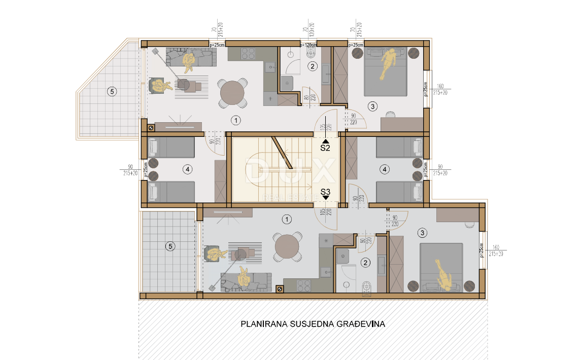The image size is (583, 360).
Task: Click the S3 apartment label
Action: click(x=325, y=192)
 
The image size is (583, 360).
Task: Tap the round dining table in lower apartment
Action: click(x=287, y=247)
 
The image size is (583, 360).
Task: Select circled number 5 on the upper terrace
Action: click(x=112, y=92)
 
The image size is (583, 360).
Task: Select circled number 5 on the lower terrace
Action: click(x=170, y=246)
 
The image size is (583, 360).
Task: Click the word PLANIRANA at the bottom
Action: click(x=263, y=323)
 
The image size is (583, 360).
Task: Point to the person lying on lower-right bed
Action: click(x=443, y=275)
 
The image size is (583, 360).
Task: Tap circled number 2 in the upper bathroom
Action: click(x=313, y=66)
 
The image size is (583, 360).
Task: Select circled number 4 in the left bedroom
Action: click(x=188, y=169)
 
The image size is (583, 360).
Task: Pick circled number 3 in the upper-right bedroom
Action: click(x=372, y=106)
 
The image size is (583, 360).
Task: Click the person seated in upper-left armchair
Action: click(x=160, y=86)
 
